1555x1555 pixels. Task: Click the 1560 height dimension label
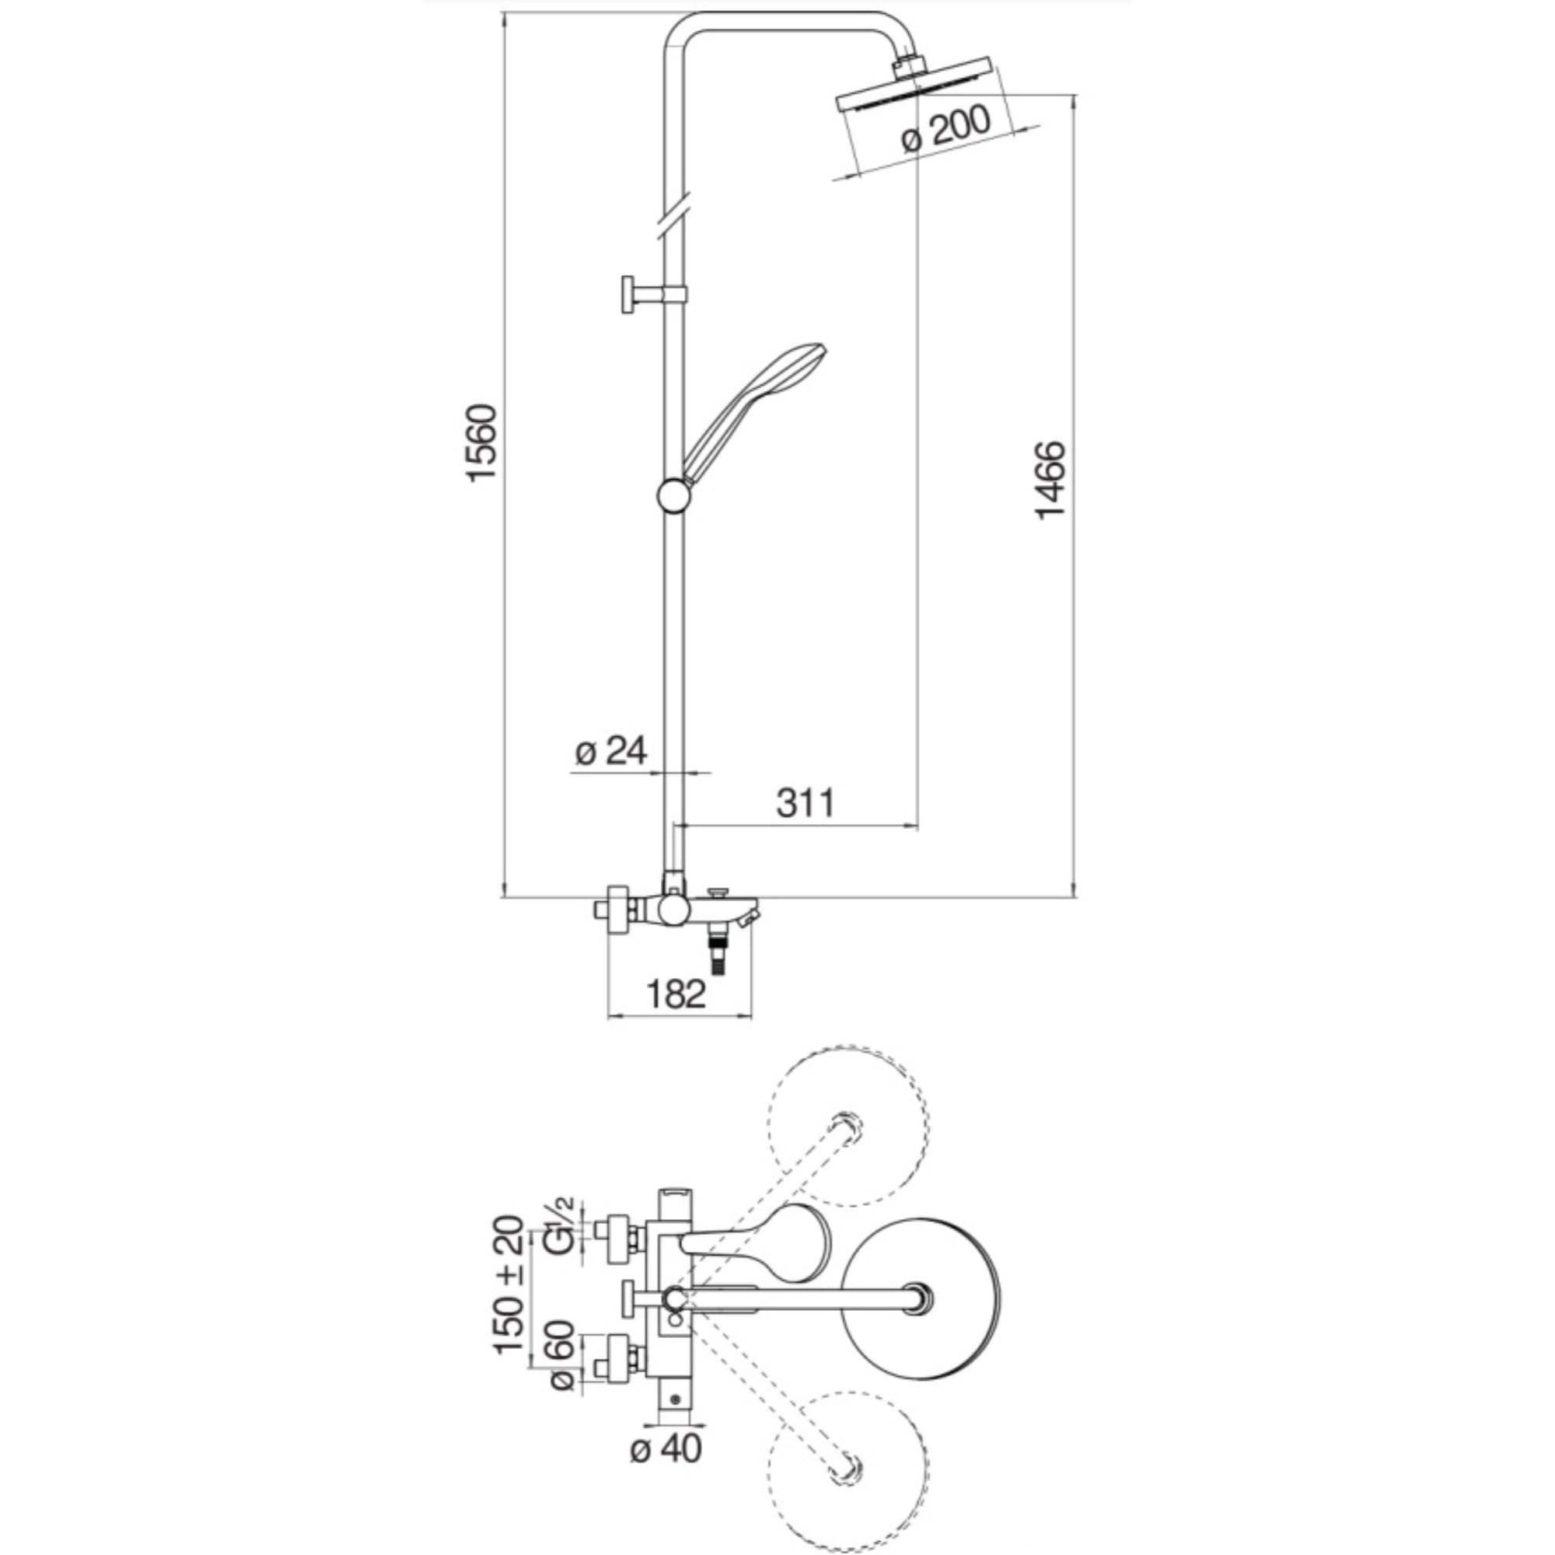coord(483,443)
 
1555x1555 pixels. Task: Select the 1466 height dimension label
coord(1050,480)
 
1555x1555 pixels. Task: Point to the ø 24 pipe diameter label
coord(612,751)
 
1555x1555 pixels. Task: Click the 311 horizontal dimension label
coord(805,802)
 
